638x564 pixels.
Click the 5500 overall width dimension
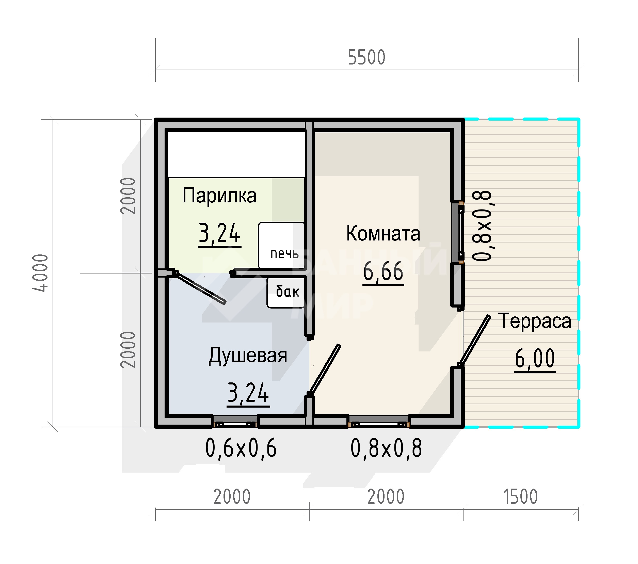tap(366, 57)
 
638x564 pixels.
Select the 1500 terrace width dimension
tap(520, 497)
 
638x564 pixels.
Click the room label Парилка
tap(219, 196)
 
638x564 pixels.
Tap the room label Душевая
tap(248, 356)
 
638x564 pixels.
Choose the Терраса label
tap(535, 321)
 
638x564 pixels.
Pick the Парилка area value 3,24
tap(219, 234)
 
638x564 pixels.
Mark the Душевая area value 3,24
tap(248, 394)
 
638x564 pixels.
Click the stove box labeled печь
tap(281, 245)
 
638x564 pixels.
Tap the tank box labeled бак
tap(285, 293)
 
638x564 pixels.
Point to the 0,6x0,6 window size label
tap(241, 448)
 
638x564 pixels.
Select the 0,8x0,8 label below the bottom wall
tap(386, 448)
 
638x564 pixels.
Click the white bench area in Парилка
tap(237, 154)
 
